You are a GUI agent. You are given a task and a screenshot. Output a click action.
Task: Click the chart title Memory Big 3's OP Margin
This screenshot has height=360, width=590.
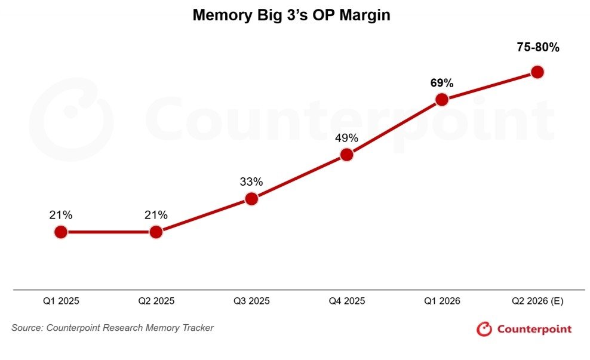pyautogui.click(x=291, y=15)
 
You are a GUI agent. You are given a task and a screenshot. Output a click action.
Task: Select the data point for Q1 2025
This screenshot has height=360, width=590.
pyautogui.click(x=60, y=232)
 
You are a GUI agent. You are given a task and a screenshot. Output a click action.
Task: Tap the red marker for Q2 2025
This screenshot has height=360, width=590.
pyautogui.click(x=156, y=232)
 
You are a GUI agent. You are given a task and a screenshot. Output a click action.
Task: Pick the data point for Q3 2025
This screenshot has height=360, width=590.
pyautogui.click(x=251, y=199)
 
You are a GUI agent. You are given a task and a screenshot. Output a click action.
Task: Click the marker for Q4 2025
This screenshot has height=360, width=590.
pyautogui.click(x=346, y=155)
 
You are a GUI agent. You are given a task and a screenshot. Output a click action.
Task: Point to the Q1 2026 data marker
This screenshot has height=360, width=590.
pyautogui.click(x=442, y=100)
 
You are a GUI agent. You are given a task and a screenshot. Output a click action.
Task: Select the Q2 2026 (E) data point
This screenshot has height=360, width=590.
pyautogui.click(x=537, y=72)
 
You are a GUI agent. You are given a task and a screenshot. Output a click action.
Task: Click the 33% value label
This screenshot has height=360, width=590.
pyautogui.click(x=251, y=181)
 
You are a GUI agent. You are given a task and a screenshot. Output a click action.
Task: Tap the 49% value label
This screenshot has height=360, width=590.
pyautogui.click(x=346, y=138)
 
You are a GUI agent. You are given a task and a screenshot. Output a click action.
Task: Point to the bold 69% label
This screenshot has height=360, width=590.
pyautogui.click(x=442, y=83)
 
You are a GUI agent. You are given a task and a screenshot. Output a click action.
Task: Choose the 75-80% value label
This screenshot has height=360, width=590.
pyautogui.click(x=538, y=47)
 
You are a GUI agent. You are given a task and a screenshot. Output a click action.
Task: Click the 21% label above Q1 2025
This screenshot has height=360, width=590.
pyautogui.click(x=60, y=215)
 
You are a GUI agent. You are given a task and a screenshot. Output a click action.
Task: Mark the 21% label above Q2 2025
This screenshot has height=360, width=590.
pyautogui.click(x=156, y=215)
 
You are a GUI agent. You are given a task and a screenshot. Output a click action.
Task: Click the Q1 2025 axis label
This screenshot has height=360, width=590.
pyautogui.click(x=61, y=301)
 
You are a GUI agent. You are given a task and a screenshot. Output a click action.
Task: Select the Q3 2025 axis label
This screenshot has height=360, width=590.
pyautogui.click(x=251, y=301)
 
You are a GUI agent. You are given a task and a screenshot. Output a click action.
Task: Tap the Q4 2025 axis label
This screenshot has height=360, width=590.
pyautogui.click(x=347, y=301)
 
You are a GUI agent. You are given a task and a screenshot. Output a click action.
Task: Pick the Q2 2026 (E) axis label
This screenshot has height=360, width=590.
pyautogui.click(x=537, y=301)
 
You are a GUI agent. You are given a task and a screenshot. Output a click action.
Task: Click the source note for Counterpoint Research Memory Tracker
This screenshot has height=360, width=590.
pyautogui.click(x=112, y=328)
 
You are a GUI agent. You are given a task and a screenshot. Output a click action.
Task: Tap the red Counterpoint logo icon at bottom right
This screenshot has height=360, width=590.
pyautogui.click(x=484, y=329)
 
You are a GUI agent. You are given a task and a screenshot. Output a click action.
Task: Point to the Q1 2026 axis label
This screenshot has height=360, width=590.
pyautogui.click(x=442, y=301)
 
